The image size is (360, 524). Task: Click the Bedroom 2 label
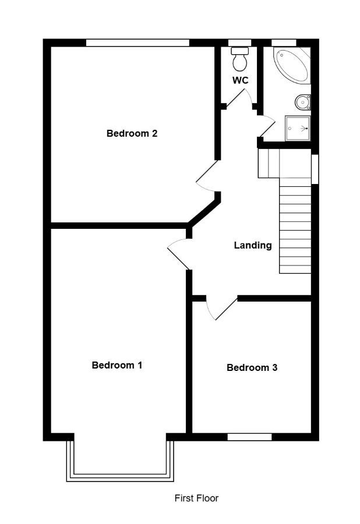tap(132, 133)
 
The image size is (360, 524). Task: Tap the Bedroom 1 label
tap(117, 365)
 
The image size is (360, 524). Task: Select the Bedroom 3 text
tap(252, 367)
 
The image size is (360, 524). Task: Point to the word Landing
tap(253, 246)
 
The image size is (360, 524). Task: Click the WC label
tap(241, 80)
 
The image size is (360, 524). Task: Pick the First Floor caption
tap(196, 498)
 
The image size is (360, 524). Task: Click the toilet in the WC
tap(240, 59)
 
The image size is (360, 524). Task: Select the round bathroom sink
tap(303, 102)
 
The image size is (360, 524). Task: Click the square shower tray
tap(298, 129)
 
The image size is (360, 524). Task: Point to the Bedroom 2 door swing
tap(207, 177)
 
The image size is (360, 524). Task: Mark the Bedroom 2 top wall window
tap(137, 43)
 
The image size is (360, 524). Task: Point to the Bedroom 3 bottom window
tap(249, 437)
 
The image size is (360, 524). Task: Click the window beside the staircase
tap(315, 169)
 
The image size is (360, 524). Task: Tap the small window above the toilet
tap(239, 43)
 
